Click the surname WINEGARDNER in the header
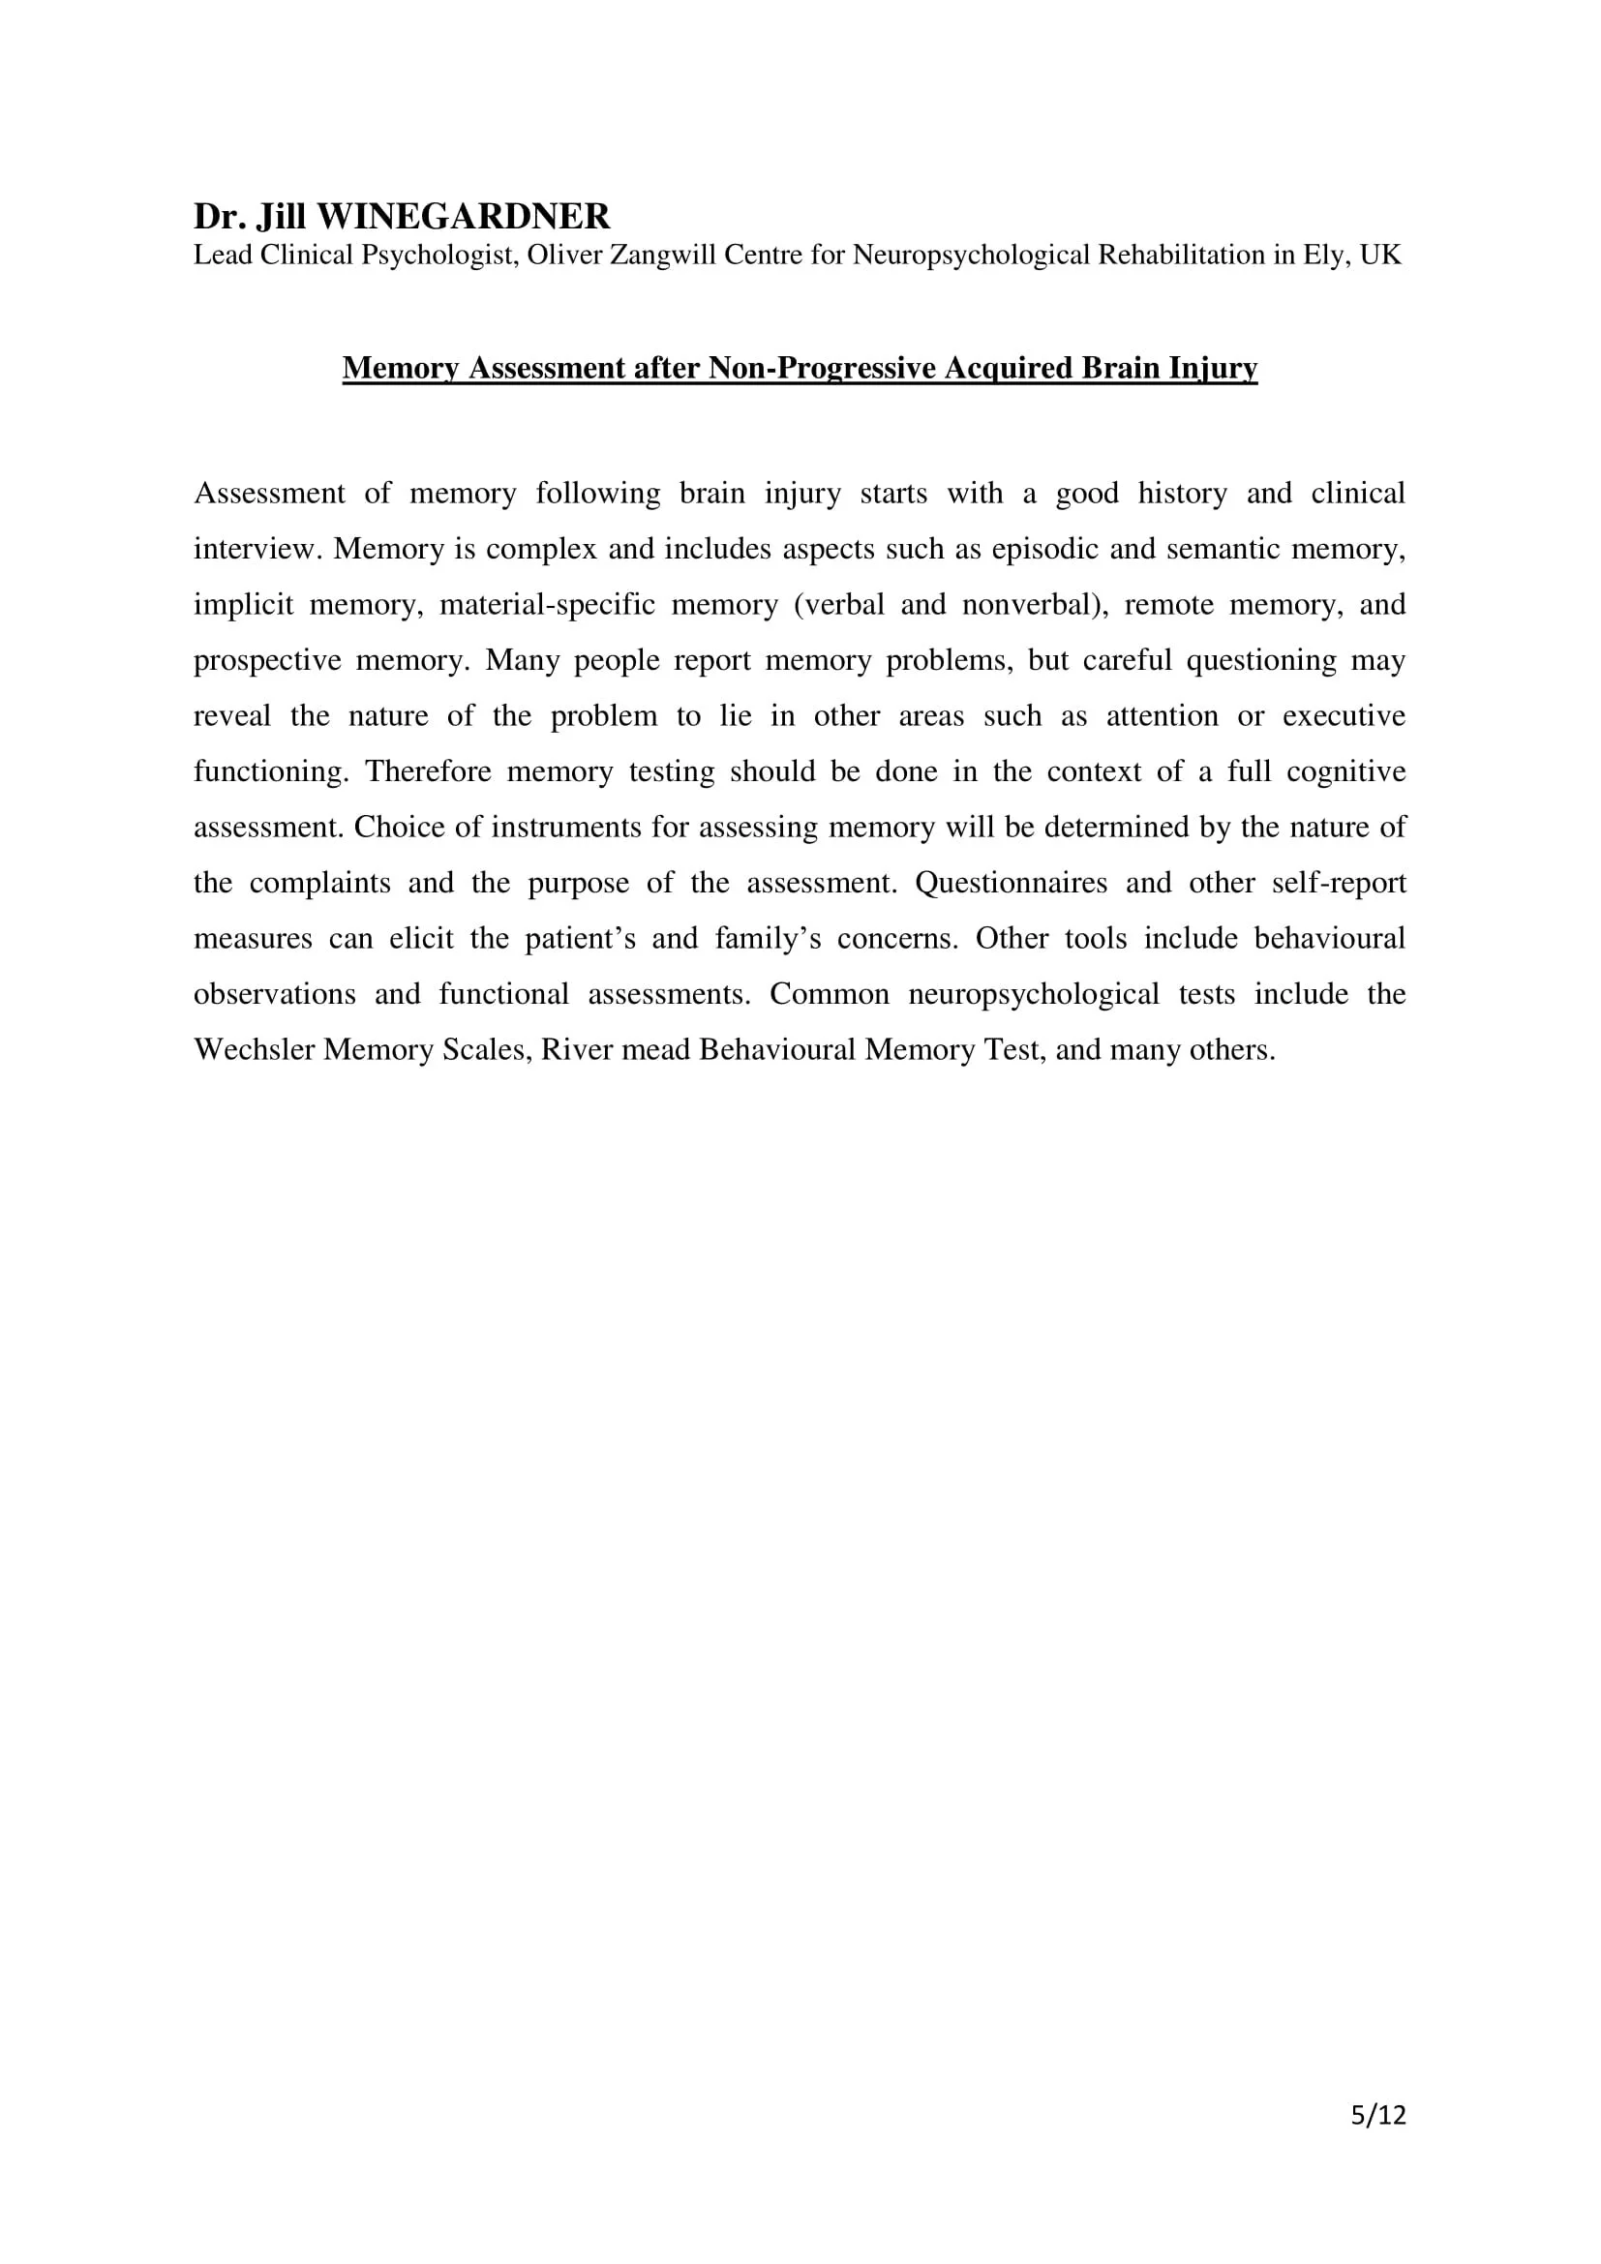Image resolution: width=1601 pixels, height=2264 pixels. (x=464, y=216)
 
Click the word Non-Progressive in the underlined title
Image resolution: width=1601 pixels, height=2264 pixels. (x=822, y=368)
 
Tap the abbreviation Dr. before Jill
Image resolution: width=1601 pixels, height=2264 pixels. (x=220, y=216)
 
